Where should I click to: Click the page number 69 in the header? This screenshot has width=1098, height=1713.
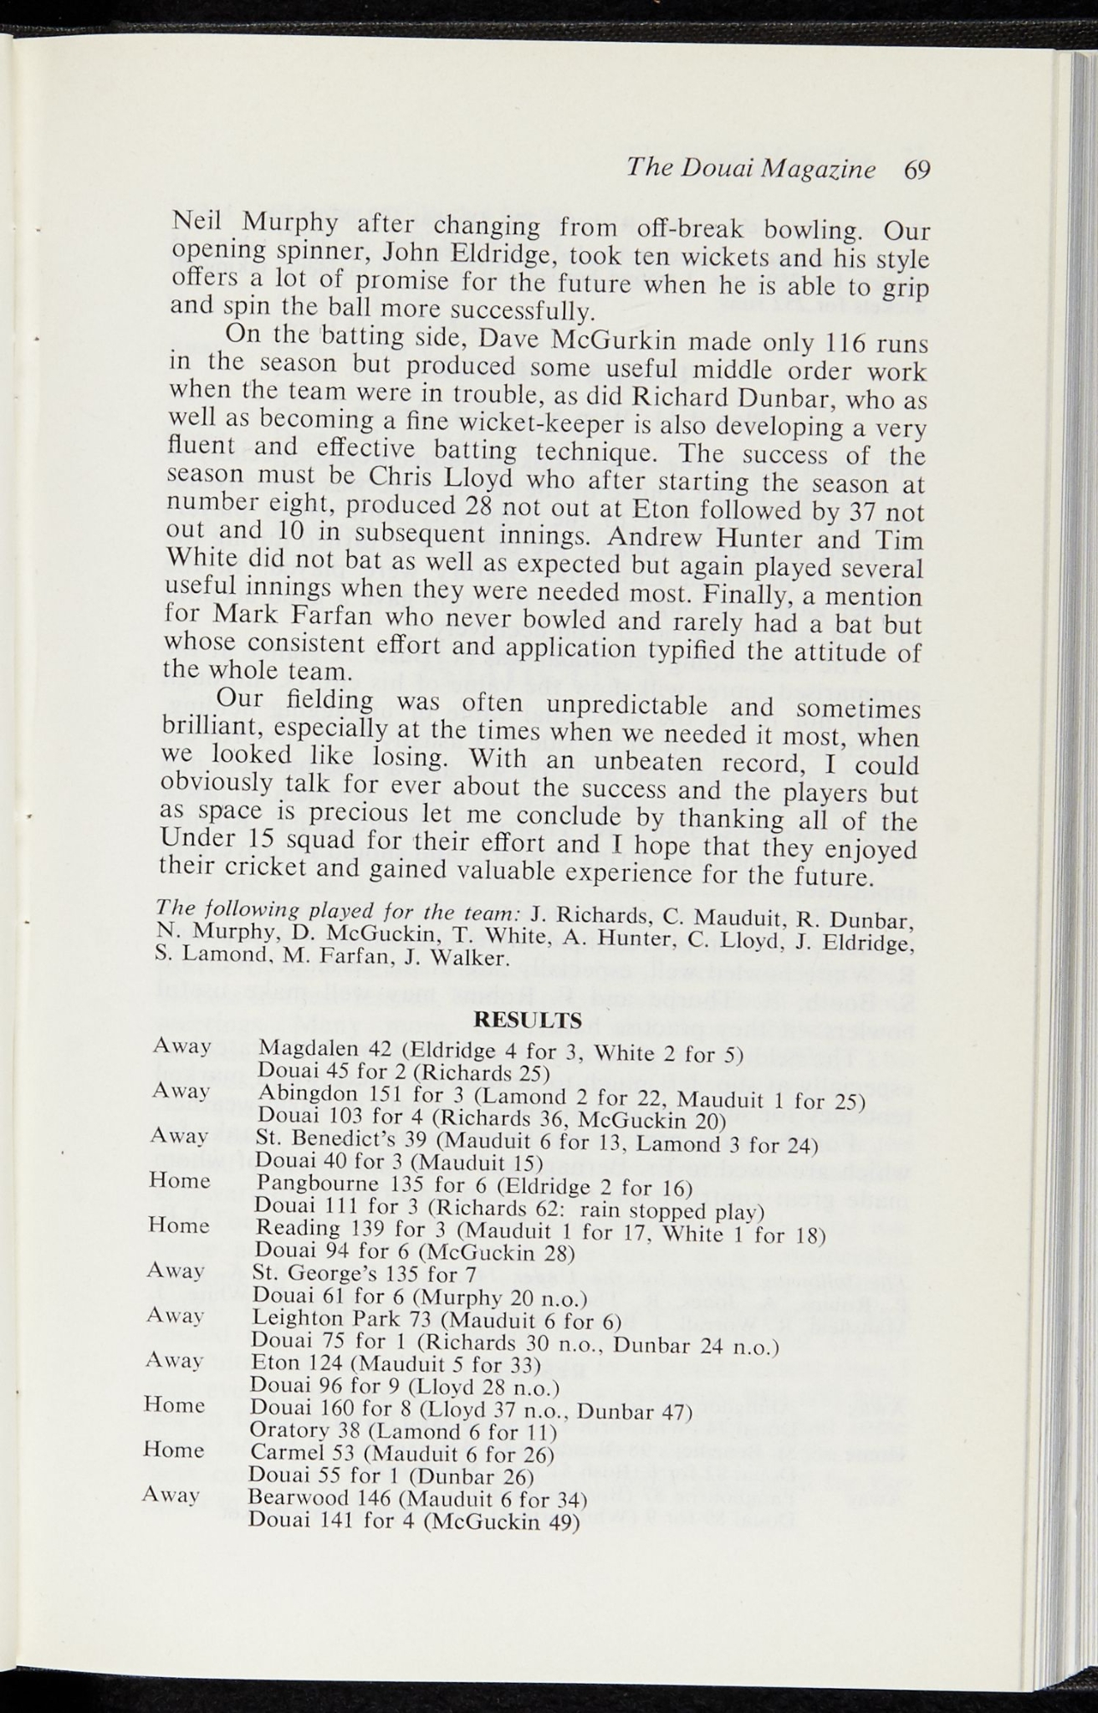916,170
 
